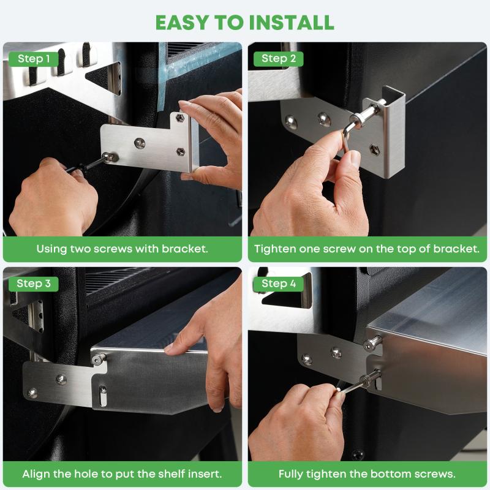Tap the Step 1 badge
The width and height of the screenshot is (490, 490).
(x=34, y=59)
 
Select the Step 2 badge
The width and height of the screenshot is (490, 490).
(x=279, y=59)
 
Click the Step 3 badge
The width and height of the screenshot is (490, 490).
(x=34, y=284)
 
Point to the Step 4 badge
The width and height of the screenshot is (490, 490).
(x=279, y=284)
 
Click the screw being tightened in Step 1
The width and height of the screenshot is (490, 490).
(x=110, y=156)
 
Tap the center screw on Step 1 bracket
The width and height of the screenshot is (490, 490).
(x=140, y=143)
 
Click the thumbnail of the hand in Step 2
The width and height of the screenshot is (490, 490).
(x=355, y=158)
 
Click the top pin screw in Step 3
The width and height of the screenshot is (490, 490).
(x=98, y=359)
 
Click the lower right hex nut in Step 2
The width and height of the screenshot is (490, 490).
(x=375, y=149)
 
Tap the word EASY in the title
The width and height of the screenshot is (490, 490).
(x=182, y=23)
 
